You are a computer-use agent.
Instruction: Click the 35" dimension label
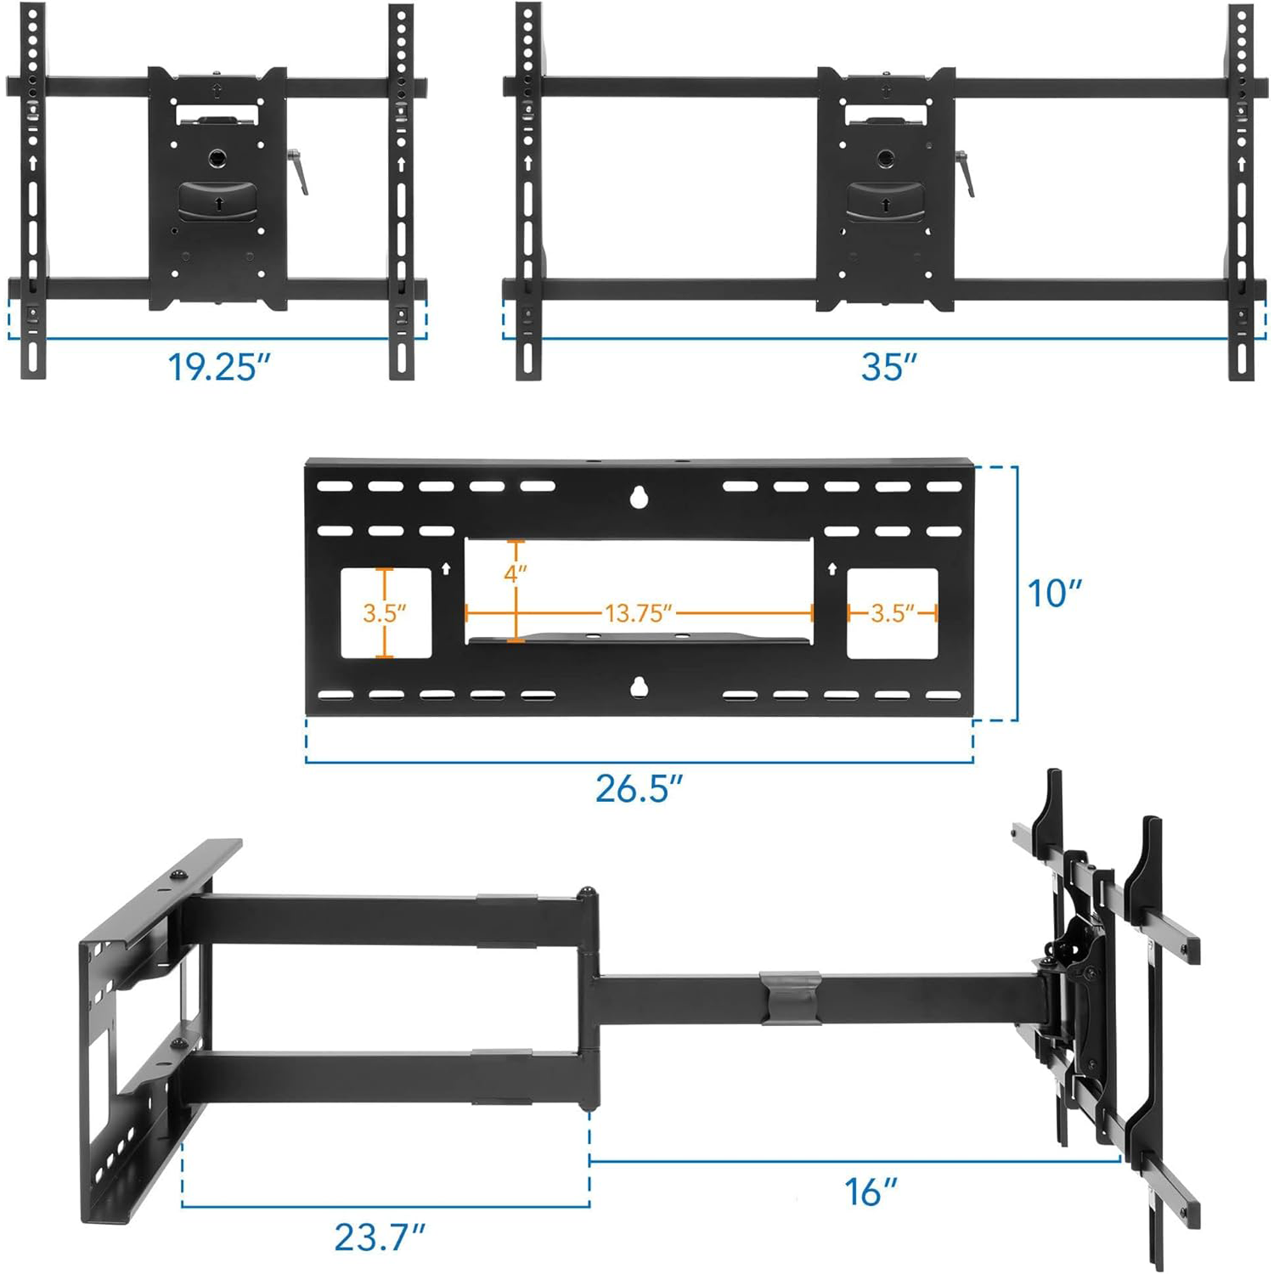pyautogui.click(x=888, y=367)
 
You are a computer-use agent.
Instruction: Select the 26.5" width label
pyautogui.click(x=638, y=788)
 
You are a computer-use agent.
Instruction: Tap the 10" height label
pyautogui.click(x=1054, y=594)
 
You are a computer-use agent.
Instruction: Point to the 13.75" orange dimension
pyautogui.click(x=638, y=613)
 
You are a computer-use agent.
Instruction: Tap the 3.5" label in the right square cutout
pyautogui.click(x=892, y=613)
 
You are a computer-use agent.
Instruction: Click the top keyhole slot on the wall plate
pyautogui.click(x=637, y=497)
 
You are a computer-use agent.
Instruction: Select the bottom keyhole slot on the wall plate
pyautogui.click(x=637, y=687)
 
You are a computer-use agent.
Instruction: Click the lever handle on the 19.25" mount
pyautogui.click(x=299, y=173)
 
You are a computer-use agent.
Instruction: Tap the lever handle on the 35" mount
pyautogui.click(x=967, y=173)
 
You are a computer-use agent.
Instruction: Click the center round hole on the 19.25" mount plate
pyautogui.click(x=217, y=158)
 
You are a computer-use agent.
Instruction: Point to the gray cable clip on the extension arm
pyautogui.click(x=791, y=997)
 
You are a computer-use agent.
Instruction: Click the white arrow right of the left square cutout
pyautogui.click(x=446, y=568)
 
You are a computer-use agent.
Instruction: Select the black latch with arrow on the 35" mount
pyautogui.click(x=884, y=202)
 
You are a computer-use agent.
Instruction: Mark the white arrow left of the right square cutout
pyautogui.click(x=832, y=568)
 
